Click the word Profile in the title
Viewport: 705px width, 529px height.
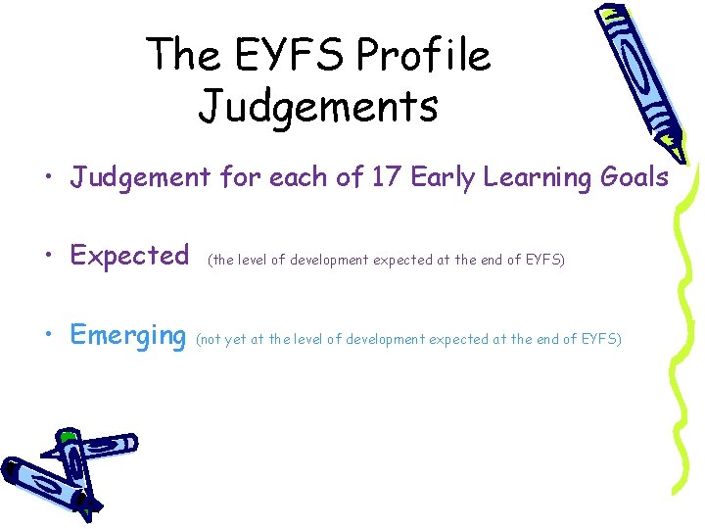[x=423, y=55]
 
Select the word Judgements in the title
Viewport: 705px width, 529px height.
[x=318, y=106]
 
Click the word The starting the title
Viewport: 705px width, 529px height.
[x=182, y=55]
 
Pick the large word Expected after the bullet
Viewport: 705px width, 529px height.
[x=130, y=257]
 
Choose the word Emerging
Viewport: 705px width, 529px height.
[x=128, y=336]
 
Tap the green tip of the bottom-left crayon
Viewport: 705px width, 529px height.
[x=66, y=435]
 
